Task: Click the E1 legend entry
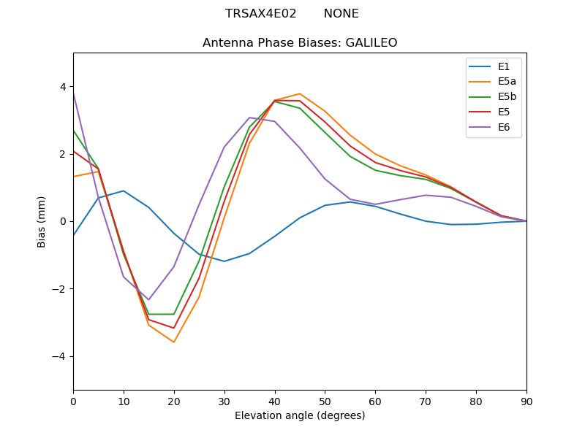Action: point(494,67)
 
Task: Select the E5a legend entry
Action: point(494,82)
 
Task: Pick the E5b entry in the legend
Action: point(494,97)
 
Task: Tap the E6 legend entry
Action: point(494,127)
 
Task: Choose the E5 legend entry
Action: point(494,112)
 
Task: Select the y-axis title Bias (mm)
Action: point(42,221)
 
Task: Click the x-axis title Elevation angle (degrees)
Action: point(300,416)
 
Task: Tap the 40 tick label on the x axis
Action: point(275,401)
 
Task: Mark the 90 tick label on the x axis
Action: point(526,401)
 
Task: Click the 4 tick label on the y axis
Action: point(63,87)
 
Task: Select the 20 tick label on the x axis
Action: point(174,401)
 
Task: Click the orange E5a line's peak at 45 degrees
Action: point(300,93)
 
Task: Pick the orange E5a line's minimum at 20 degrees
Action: point(174,342)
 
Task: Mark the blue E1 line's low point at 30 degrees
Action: point(224,261)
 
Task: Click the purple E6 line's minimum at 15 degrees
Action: point(148,300)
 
